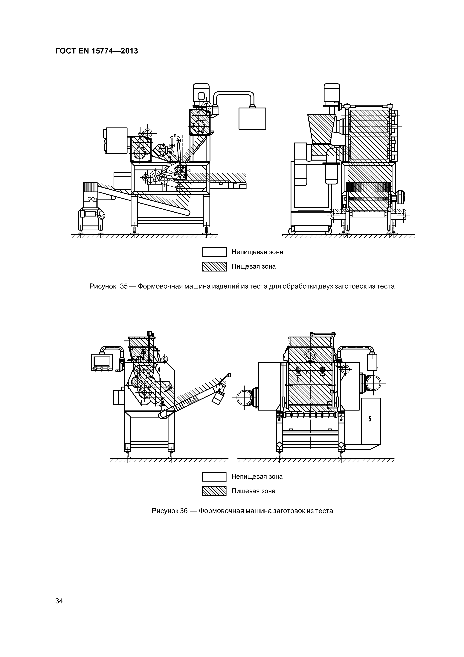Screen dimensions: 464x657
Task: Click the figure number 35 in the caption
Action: tap(124, 286)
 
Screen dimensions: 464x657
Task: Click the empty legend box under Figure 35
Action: tap(214, 252)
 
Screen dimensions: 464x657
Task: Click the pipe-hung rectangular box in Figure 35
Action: tap(252, 119)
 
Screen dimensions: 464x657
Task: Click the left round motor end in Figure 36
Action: tap(244, 397)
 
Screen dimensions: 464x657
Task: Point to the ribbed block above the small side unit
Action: tap(90, 187)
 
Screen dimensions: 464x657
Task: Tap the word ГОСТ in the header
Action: tap(64, 51)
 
